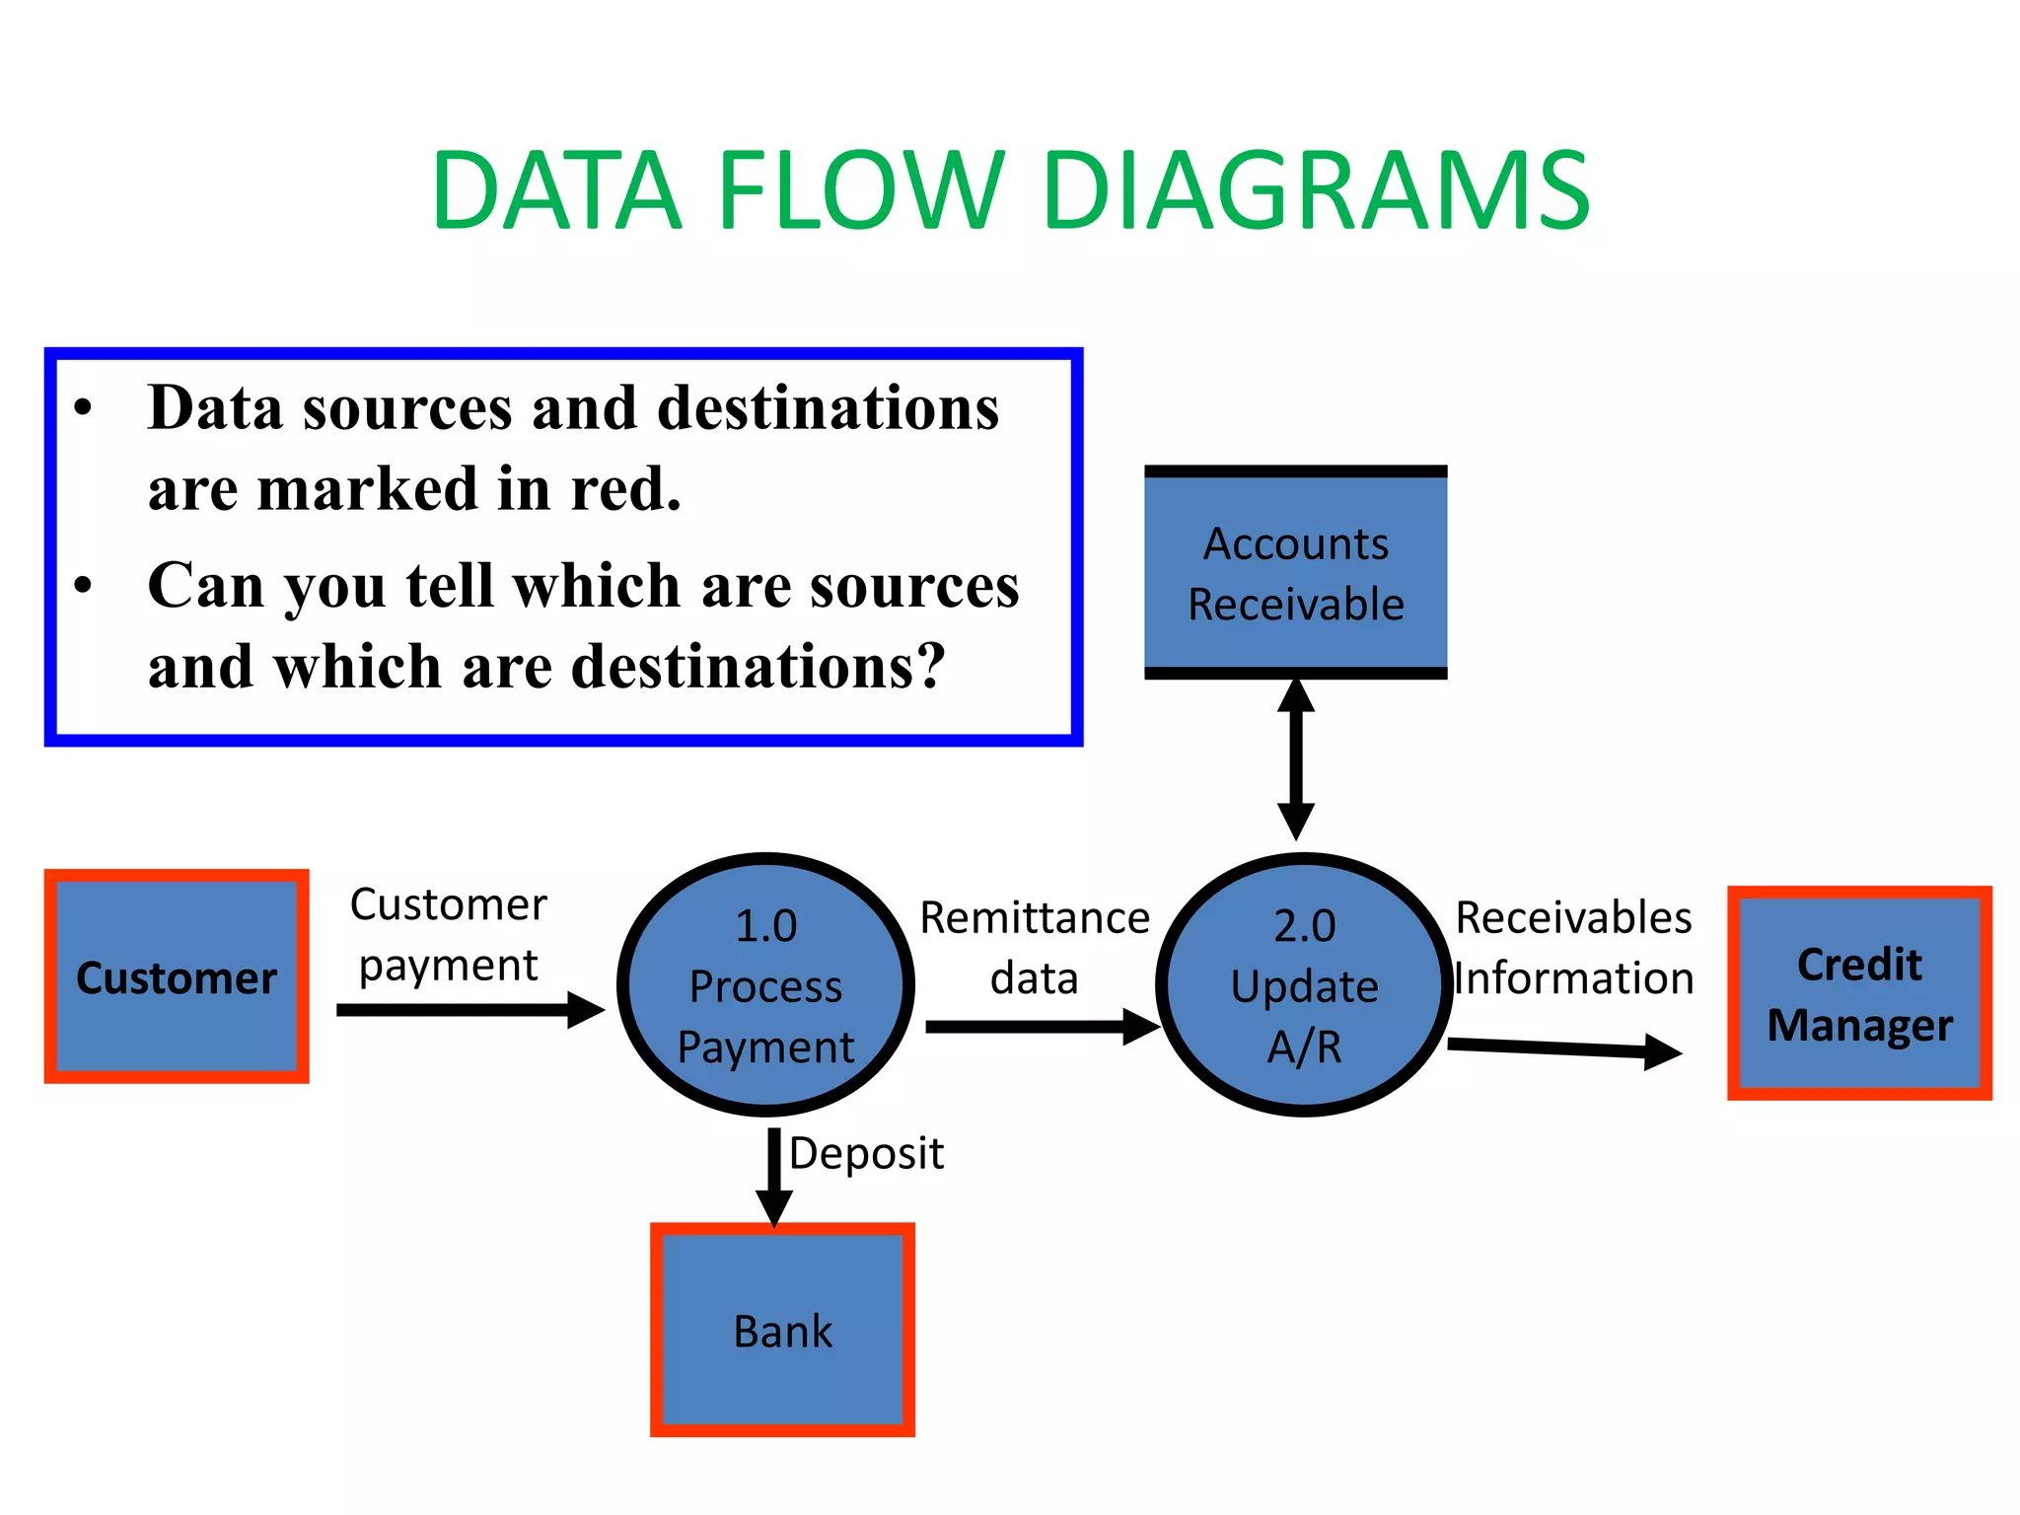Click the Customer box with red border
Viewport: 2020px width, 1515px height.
click(x=177, y=976)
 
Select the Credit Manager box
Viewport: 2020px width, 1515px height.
click(x=1859, y=993)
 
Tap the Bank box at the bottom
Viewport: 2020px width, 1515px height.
click(x=782, y=1330)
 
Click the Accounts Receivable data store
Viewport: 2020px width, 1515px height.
click(x=1295, y=573)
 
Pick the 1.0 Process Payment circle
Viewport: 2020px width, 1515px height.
click(x=765, y=984)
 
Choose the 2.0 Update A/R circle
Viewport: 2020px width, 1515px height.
click(x=1304, y=984)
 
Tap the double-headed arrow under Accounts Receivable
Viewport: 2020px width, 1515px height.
click(x=1295, y=759)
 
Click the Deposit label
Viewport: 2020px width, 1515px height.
click(x=866, y=1153)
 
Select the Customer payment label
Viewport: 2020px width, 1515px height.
click(x=449, y=934)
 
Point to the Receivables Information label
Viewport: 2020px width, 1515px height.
click(x=1573, y=948)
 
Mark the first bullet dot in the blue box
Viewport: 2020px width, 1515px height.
click(x=84, y=407)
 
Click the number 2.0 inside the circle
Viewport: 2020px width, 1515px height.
click(x=1304, y=925)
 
